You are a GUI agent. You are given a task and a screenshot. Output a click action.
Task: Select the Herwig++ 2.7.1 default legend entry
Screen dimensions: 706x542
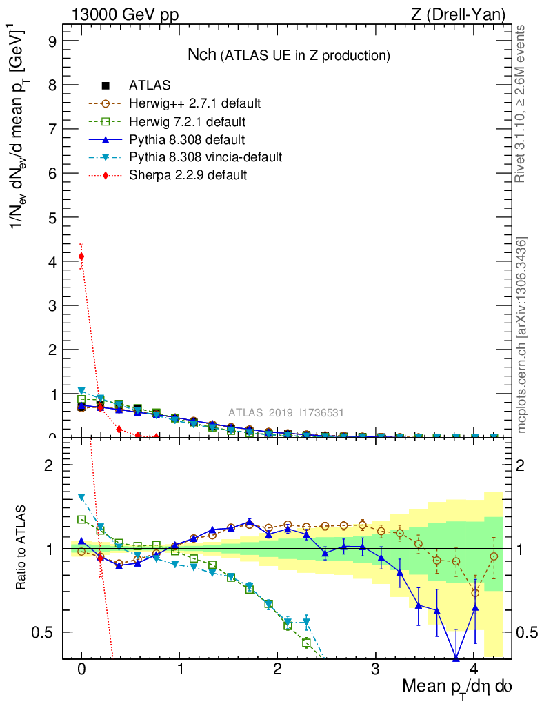coord(194,103)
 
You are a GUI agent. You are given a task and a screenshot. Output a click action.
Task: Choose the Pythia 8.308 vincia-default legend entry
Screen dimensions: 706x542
coord(205,157)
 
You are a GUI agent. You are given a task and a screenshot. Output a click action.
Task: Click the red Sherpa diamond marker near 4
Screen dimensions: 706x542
coord(81,256)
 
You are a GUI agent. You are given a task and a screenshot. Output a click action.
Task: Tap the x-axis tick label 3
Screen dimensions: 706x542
coord(376,669)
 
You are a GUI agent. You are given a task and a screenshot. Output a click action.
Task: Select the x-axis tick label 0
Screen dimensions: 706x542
coord(81,669)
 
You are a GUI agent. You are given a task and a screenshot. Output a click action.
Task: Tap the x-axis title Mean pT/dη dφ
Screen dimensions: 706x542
coord(456,687)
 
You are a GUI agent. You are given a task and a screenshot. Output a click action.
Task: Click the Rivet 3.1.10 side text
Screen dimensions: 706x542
coord(521,103)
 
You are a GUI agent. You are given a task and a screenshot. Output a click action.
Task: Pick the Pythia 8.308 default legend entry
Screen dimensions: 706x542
coord(188,139)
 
